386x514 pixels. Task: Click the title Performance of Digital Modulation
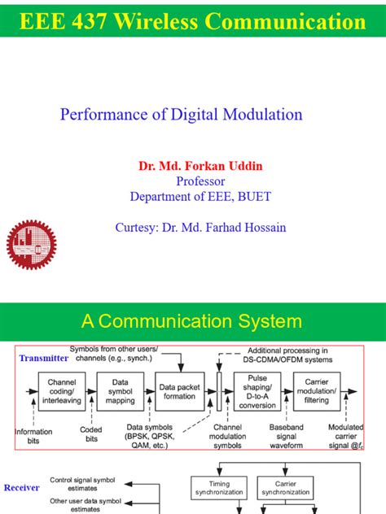[x=181, y=114]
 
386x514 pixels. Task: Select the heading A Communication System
[x=192, y=321]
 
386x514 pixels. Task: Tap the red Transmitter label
[x=44, y=357]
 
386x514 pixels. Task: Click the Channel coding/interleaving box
[x=62, y=390]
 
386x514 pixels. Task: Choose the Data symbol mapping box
[x=120, y=390]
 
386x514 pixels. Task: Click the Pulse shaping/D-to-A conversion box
[x=257, y=390]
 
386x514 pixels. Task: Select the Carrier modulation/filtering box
[x=317, y=390]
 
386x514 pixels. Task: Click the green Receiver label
[x=22, y=488]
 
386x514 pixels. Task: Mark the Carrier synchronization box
[x=284, y=487]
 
